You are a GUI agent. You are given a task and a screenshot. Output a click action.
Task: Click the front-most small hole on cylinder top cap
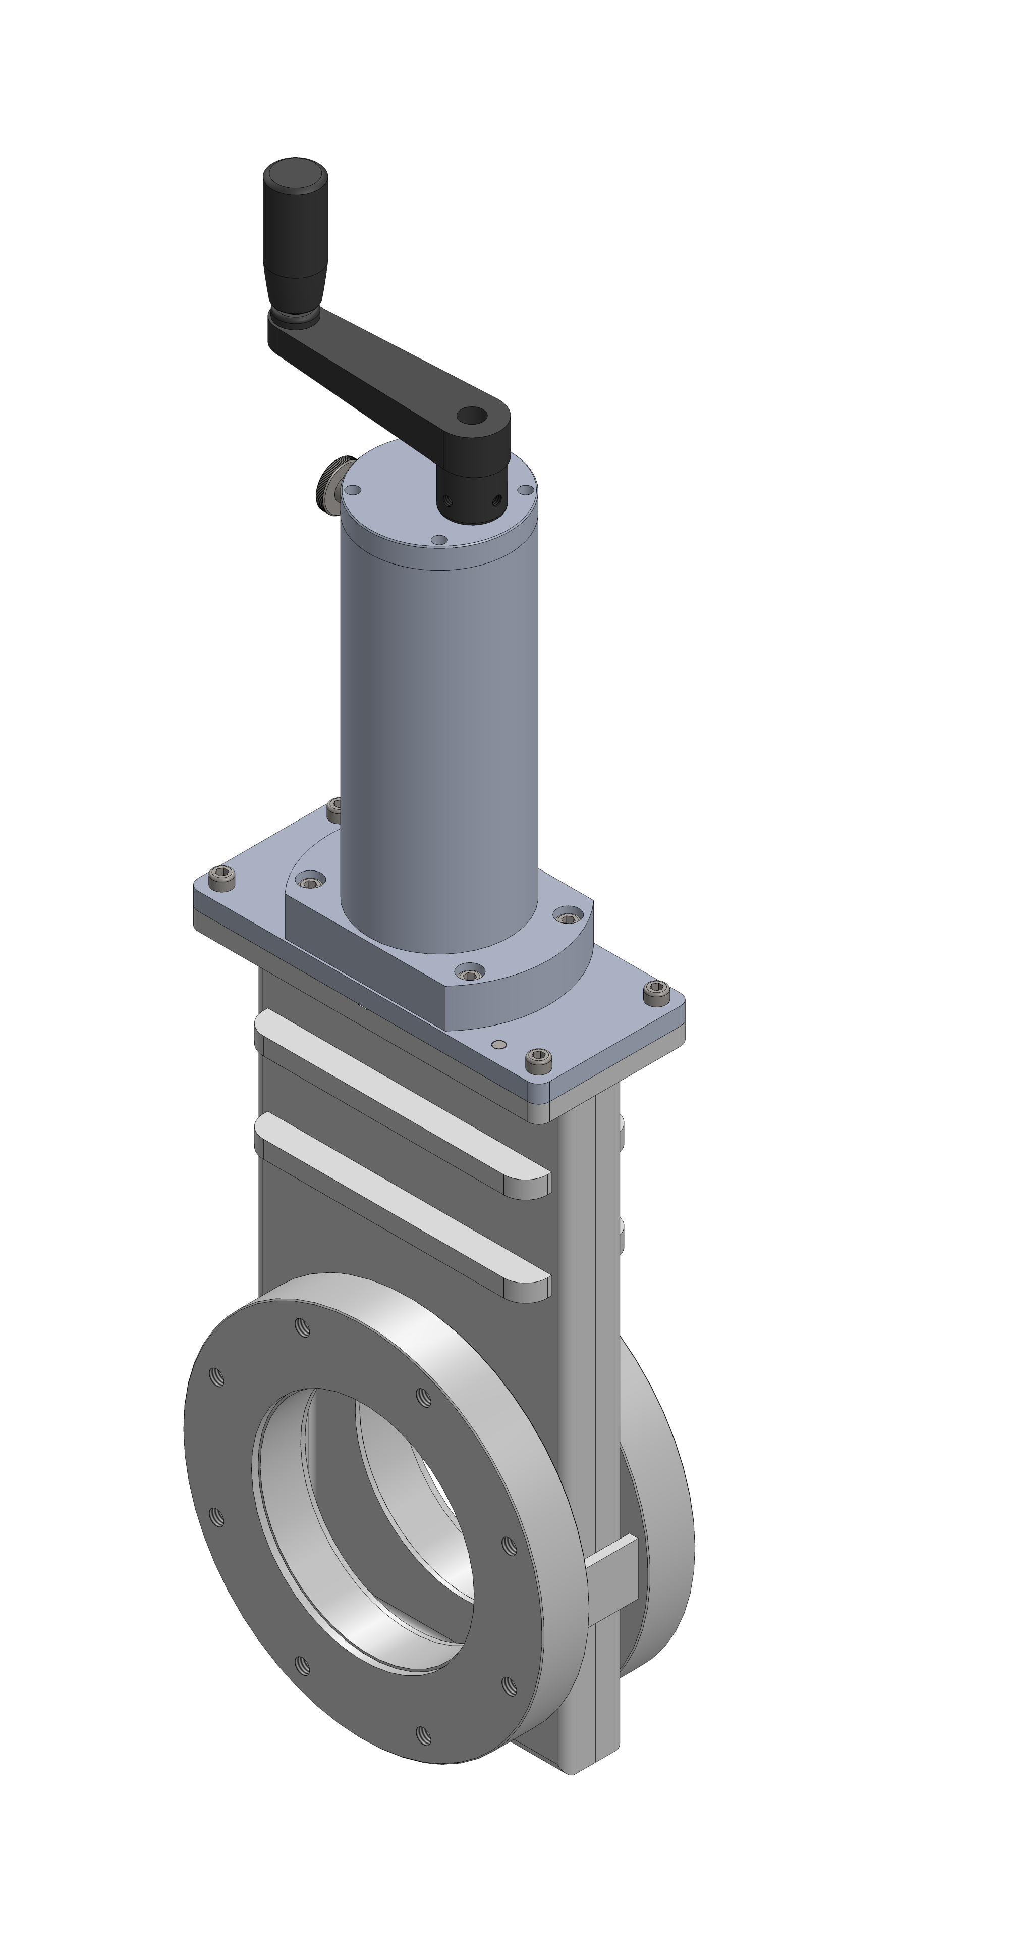point(438,540)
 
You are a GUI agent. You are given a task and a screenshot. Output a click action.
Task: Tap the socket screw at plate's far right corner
point(656,991)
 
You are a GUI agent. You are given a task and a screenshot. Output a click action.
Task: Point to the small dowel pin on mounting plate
point(499,1044)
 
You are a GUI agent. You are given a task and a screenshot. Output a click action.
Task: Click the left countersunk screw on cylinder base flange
point(310,882)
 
